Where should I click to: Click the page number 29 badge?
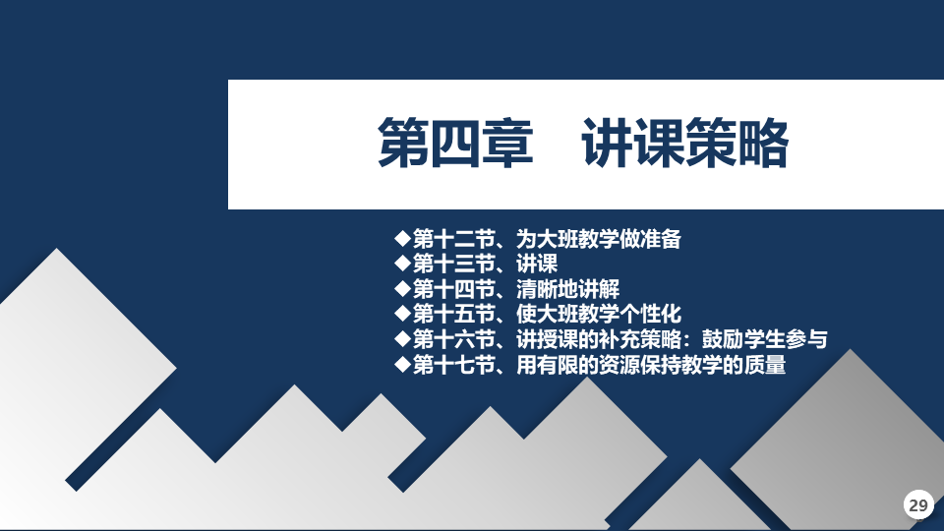coord(918,504)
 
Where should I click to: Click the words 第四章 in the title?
coord(455,144)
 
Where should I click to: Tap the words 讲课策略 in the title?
coord(685,144)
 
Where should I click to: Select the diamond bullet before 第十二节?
coord(402,238)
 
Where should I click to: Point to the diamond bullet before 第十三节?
coord(402,264)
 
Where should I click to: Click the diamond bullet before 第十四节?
coord(402,288)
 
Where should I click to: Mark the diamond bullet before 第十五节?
coord(402,313)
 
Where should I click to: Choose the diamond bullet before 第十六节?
coord(402,339)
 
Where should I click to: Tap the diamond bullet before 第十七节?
coord(402,364)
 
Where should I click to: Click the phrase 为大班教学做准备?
coord(599,239)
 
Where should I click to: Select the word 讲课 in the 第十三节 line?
coord(537,264)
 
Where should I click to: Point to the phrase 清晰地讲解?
coord(567,289)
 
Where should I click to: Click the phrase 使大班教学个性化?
coord(599,315)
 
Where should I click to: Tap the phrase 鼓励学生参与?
coord(765,339)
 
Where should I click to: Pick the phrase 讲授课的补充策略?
coord(599,339)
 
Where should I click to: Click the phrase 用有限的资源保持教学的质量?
coord(651,365)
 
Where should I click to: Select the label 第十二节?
coord(454,239)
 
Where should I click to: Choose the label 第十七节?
coord(454,365)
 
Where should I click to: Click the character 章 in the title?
coord(508,144)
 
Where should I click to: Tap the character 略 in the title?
coord(763,144)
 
